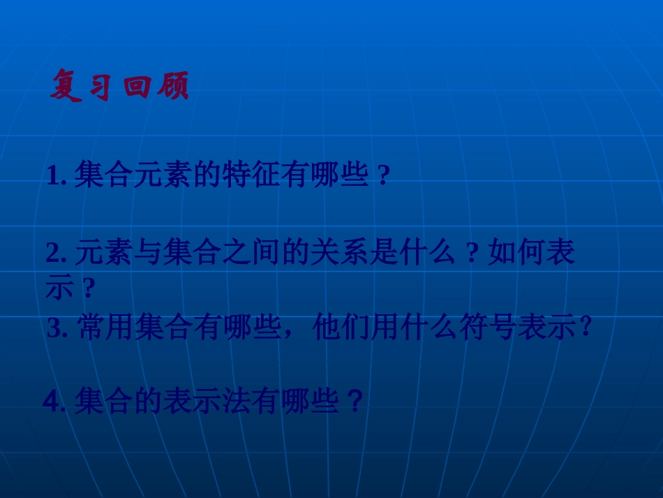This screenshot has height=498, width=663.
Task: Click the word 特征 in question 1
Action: point(249,175)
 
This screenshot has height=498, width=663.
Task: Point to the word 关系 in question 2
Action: point(337,252)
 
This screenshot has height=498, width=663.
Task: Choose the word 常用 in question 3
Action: point(106,327)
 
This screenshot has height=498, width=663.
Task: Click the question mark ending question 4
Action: point(355,402)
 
